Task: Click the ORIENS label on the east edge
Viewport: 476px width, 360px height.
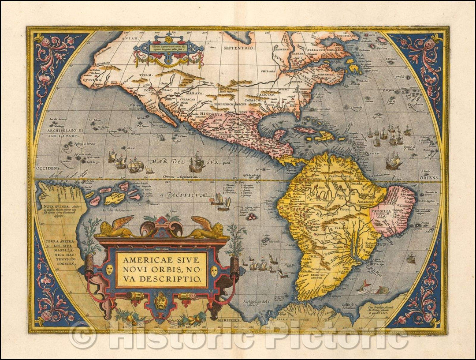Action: [x=430, y=178]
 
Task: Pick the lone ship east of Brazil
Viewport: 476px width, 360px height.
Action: [x=411, y=258]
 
